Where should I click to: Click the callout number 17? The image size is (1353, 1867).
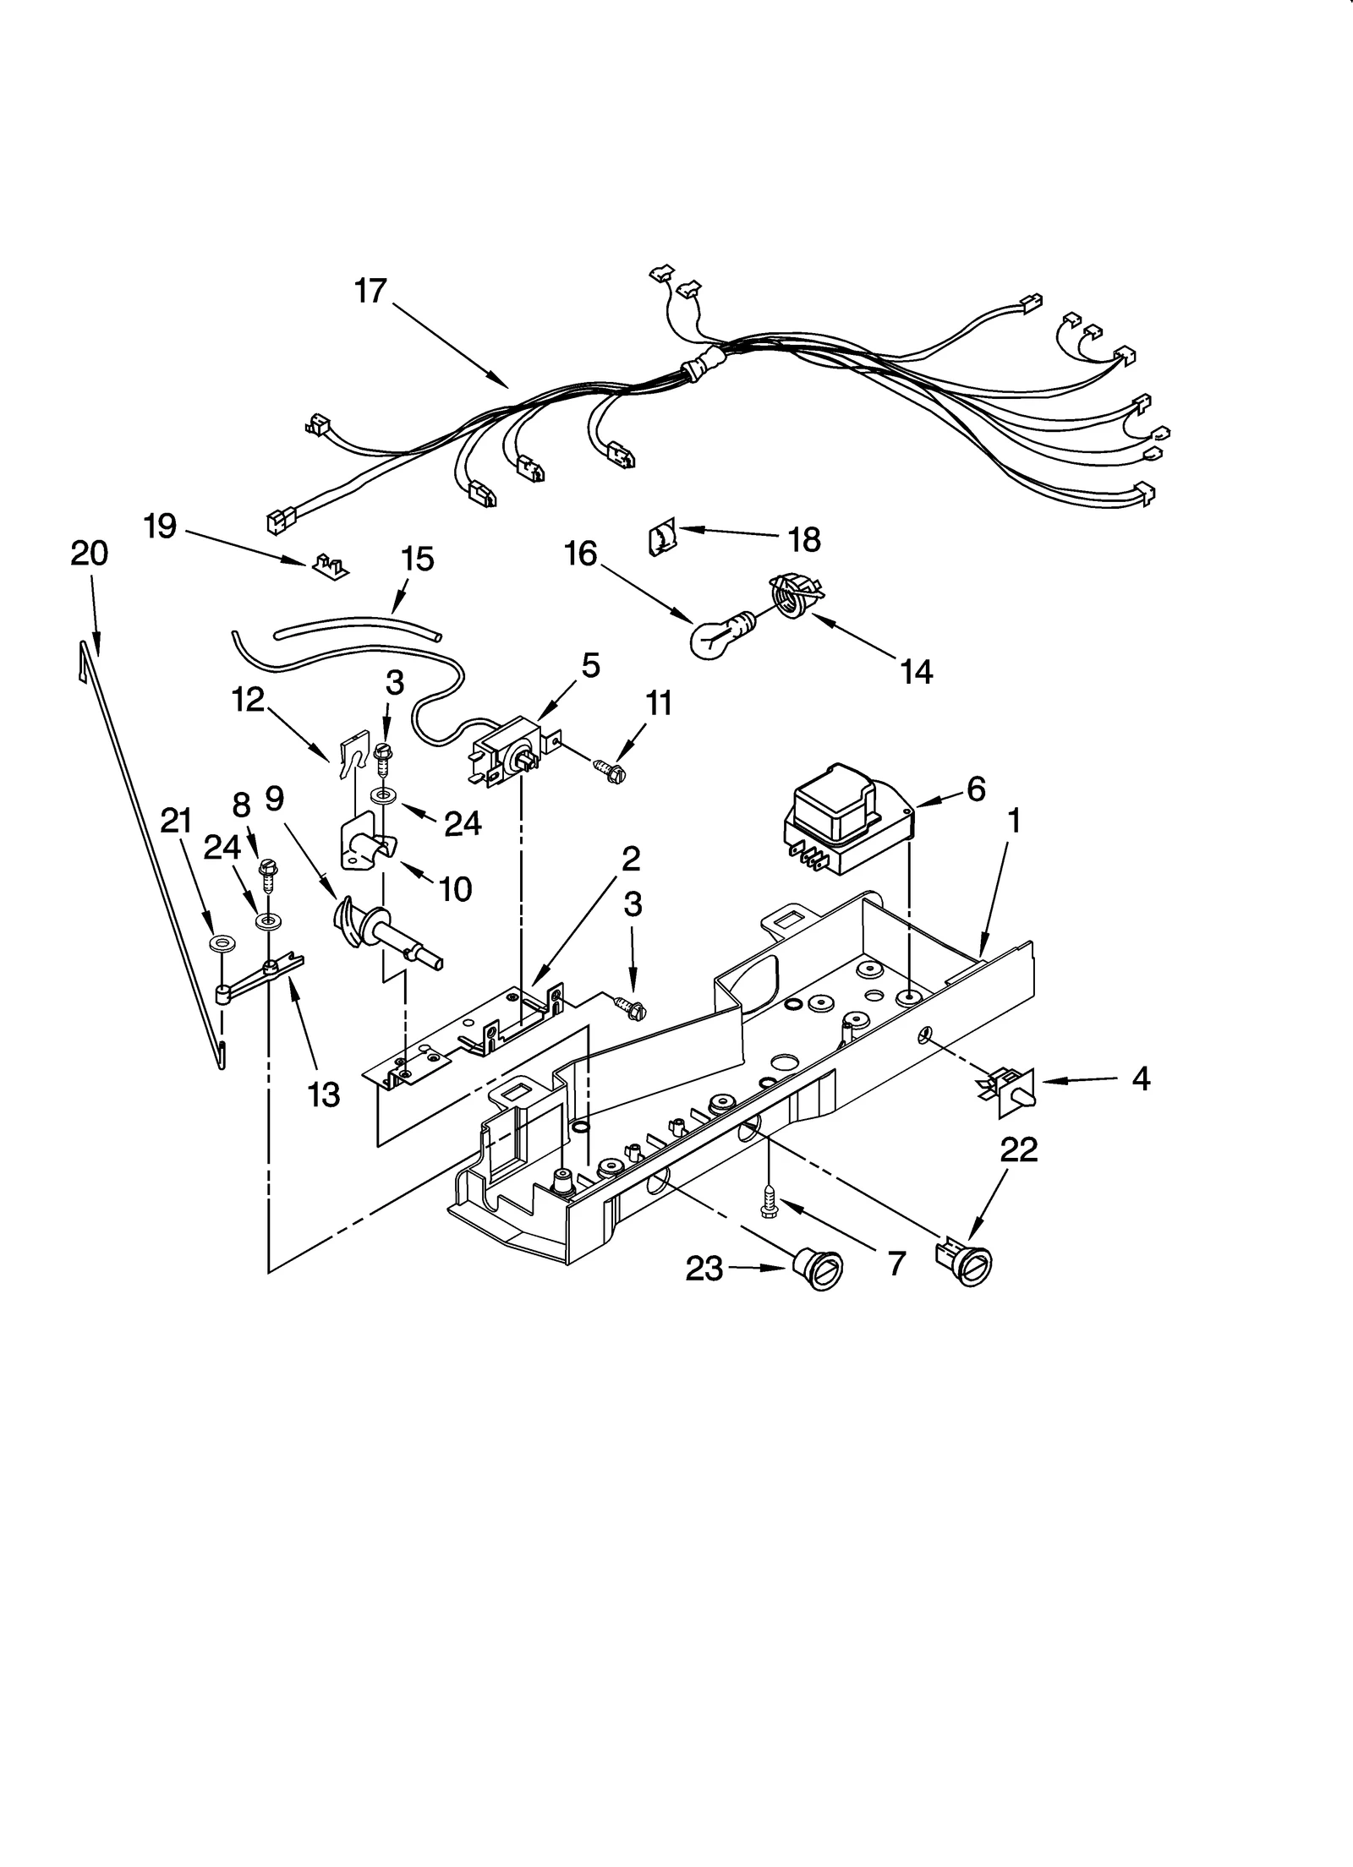click(x=370, y=291)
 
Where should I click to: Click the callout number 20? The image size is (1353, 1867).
click(x=89, y=554)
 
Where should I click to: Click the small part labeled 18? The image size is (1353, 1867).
click(x=661, y=538)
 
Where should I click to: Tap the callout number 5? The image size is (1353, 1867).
click(x=590, y=666)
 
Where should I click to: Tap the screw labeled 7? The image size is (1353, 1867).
click(x=770, y=1200)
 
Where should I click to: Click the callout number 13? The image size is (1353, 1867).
click(x=323, y=1095)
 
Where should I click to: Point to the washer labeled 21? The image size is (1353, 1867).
click(x=223, y=941)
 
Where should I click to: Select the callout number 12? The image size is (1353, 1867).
click(x=249, y=700)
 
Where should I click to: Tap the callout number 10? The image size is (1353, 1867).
click(x=456, y=888)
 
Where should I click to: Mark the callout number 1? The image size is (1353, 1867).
click(x=1014, y=820)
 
